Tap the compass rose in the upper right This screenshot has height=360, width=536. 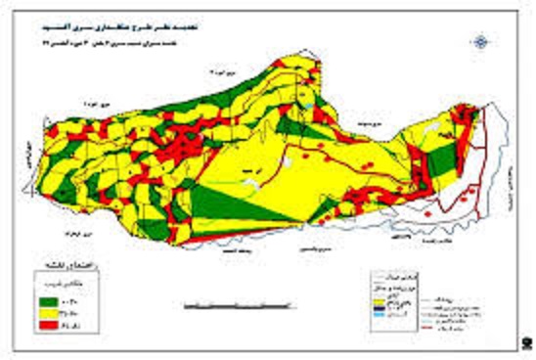pos(480,41)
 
